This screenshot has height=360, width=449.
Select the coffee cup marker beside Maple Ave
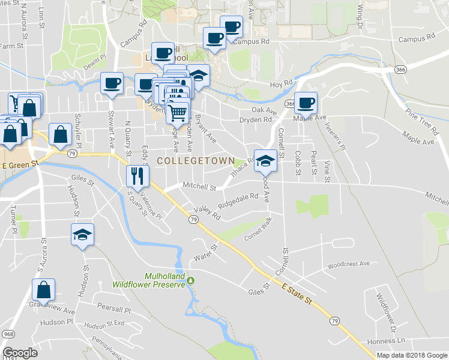click(x=306, y=103)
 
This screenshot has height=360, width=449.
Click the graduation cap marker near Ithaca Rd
click(x=265, y=160)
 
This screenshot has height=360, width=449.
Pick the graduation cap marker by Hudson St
click(x=83, y=234)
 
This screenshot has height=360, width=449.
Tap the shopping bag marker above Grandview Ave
click(x=44, y=290)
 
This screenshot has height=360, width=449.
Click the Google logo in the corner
click(x=20, y=353)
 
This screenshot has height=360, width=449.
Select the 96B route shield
click(x=8, y=334)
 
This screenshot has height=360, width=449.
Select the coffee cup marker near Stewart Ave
click(x=111, y=83)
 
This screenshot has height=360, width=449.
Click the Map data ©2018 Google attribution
click(x=412, y=355)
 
